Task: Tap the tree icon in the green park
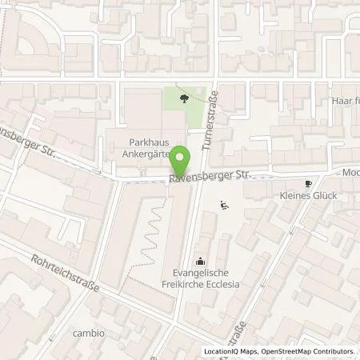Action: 185,99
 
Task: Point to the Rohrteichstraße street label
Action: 67,274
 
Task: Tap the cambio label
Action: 88,333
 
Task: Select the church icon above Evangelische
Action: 199,260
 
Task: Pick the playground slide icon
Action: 225,205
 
